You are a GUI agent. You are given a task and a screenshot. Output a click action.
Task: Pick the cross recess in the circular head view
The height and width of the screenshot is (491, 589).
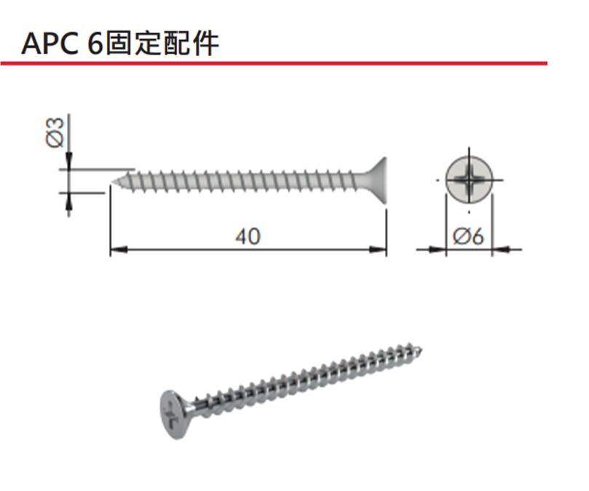click(x=470, y=179)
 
